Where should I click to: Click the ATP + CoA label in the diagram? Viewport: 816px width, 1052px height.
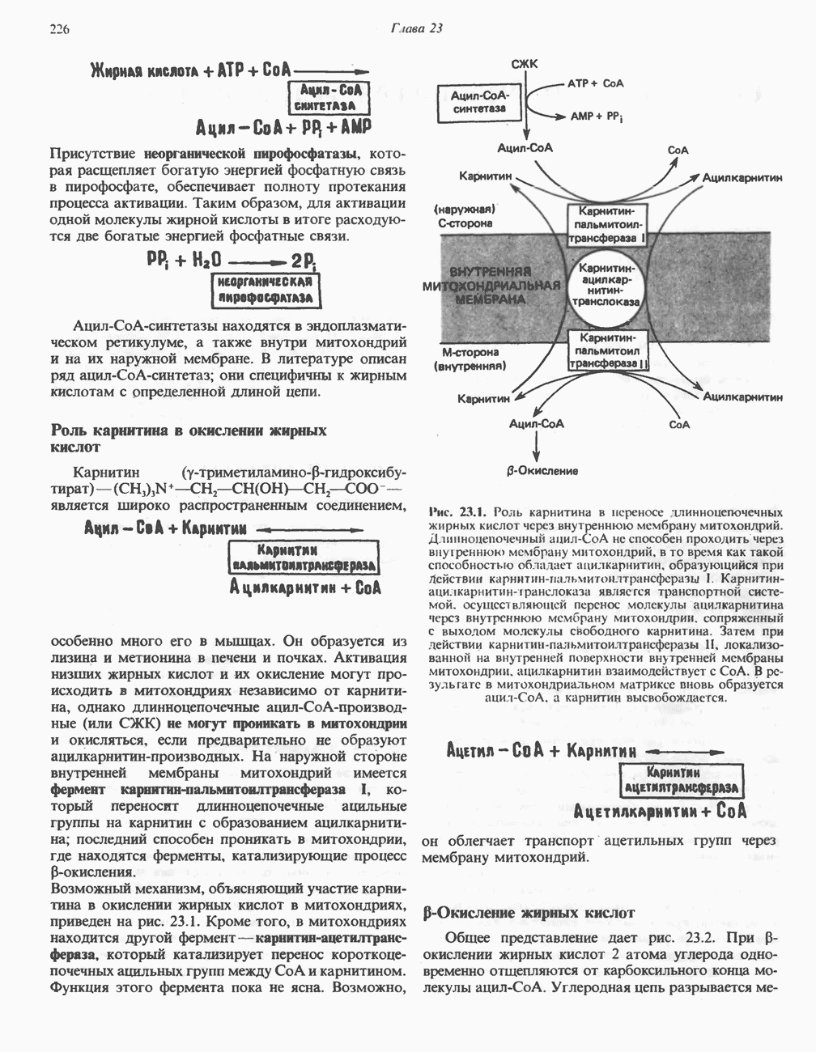tap(595, 83)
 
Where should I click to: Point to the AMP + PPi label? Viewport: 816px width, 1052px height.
tap(596, 117)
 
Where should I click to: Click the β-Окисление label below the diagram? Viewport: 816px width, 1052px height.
tap(537, 471)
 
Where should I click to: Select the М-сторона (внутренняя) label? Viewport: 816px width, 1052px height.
tap(470, 358)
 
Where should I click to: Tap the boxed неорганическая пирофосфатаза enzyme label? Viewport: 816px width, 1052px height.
tap(266, 289)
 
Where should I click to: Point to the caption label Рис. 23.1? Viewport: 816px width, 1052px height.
tap(458, 512)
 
